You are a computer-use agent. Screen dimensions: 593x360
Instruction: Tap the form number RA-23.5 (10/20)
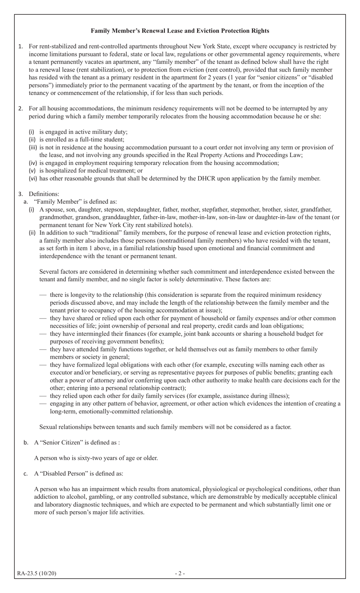coord(36,573)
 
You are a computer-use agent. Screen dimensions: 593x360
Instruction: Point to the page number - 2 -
coord(180,573)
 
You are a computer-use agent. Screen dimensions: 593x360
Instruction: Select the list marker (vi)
coord(33,178)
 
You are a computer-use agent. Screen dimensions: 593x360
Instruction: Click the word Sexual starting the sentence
coord(49,427)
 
